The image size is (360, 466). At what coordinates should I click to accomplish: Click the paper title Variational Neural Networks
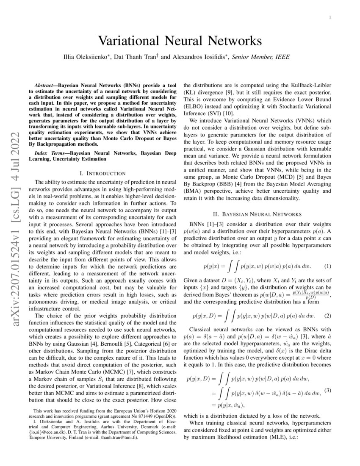tap(180, 41)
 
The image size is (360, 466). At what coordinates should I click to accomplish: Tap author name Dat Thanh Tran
tap(134, 57)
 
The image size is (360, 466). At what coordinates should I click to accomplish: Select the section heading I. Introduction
tap(102, 173)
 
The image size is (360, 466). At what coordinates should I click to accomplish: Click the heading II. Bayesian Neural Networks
tap(257, 214)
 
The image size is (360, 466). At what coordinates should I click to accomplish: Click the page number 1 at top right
tap(330, 17)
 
